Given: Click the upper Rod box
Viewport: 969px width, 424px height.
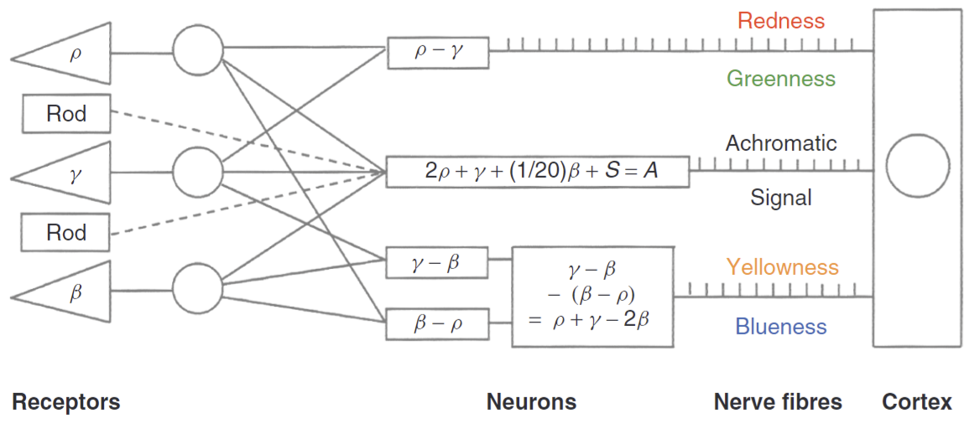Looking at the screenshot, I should [x=66, y=113].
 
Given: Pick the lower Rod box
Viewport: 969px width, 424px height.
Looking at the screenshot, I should [x=66, y=231].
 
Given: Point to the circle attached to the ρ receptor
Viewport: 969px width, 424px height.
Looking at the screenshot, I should [x=198, y=54].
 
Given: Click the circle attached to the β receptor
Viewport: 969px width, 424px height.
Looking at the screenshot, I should [x=198, y=292].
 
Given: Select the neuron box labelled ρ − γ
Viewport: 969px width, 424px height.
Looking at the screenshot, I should [x=438, y=52].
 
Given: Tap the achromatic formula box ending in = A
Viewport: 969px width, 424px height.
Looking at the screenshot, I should [x=537, y=171].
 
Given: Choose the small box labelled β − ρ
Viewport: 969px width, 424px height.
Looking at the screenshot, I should [x=437, y=324].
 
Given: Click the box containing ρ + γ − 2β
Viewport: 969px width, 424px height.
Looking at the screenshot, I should [x=592, y=297].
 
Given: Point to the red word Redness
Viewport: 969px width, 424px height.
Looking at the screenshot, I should [x=781, y=20].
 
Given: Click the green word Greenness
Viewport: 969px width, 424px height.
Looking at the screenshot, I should [x=781, y=79].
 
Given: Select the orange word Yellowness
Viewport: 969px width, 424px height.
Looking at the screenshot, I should [x=782, y=267].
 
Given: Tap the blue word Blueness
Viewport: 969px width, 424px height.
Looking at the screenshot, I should [x=781, y=327].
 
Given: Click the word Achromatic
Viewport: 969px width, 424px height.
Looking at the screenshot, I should [x=781, y=143].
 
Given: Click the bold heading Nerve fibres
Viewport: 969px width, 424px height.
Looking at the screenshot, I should [x=778, y=402].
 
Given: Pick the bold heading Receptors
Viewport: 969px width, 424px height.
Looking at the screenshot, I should [x=66, y=402].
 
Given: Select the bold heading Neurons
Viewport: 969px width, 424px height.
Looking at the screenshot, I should [x=531, y=402].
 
